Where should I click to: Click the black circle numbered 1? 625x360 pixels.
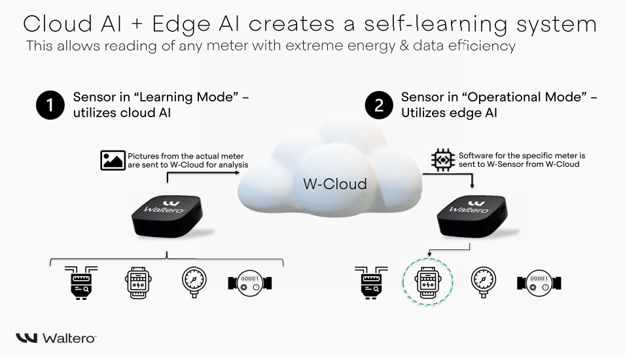[50, 105]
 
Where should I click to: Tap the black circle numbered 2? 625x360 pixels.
[379, 105]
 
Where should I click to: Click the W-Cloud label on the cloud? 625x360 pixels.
[335, 184]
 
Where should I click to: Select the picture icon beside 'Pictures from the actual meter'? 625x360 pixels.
[113, 160]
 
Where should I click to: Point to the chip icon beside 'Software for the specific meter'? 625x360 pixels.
[443, 160]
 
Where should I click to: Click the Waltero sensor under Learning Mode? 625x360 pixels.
[167, 216]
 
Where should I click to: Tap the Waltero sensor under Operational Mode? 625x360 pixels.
[472, 216]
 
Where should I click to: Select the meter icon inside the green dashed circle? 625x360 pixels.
[428, 282]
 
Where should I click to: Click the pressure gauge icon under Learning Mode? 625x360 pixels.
[194, 282]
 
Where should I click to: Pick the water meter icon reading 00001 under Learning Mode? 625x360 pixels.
[250, 283]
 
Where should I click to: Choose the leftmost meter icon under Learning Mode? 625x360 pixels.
[81, 283]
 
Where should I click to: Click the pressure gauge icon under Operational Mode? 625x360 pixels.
[484, 282]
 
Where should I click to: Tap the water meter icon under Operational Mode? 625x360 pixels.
[539, 283]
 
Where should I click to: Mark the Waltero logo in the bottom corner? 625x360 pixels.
[56, 338]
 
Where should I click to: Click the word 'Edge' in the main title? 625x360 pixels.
[181, 24]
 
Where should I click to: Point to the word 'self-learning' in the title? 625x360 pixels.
[436, 24]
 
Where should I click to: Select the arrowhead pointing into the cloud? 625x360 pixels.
[238, 173]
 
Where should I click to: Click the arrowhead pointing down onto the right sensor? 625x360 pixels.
[472, 186]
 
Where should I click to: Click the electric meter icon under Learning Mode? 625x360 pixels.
[138, 282]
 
